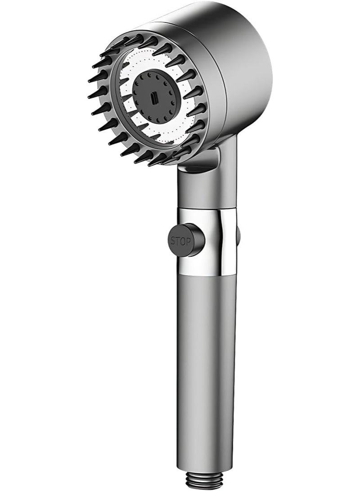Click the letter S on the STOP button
173,241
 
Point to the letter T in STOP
178,241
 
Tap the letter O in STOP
183,241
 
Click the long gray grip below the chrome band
207,373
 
